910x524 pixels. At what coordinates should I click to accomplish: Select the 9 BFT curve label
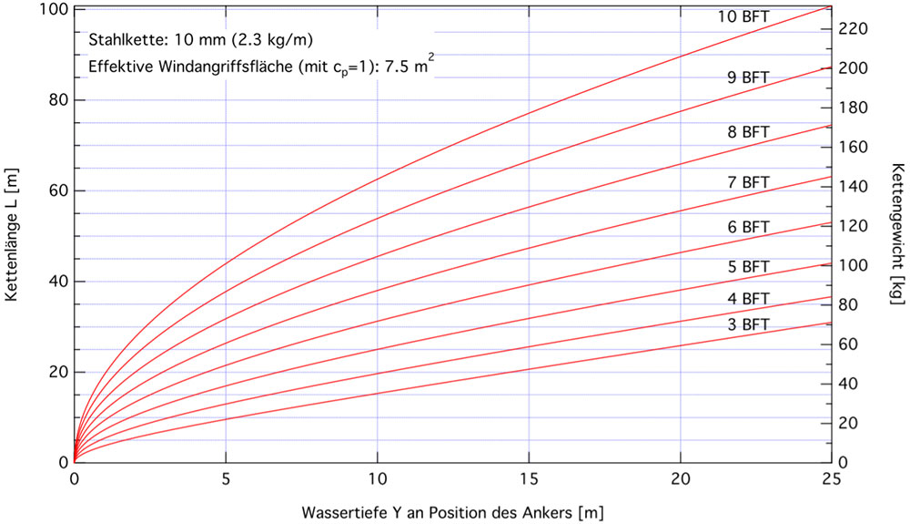pyautogui.click(x=747, y=77)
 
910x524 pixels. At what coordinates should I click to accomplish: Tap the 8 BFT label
pyautogui.click(x=747, y=132)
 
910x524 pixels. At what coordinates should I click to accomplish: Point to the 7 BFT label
pyautogui.click(x=747, y=182)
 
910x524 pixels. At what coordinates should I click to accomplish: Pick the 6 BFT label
pyautogui.click(x=747, y=227)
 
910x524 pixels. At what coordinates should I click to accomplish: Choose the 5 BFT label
pyautogui.click(x=747, y=267)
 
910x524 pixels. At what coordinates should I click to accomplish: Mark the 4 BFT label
pyautogui.click(x=747, y=298)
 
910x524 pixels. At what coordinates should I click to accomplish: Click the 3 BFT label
pyautogui.click(x=747, y=324)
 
